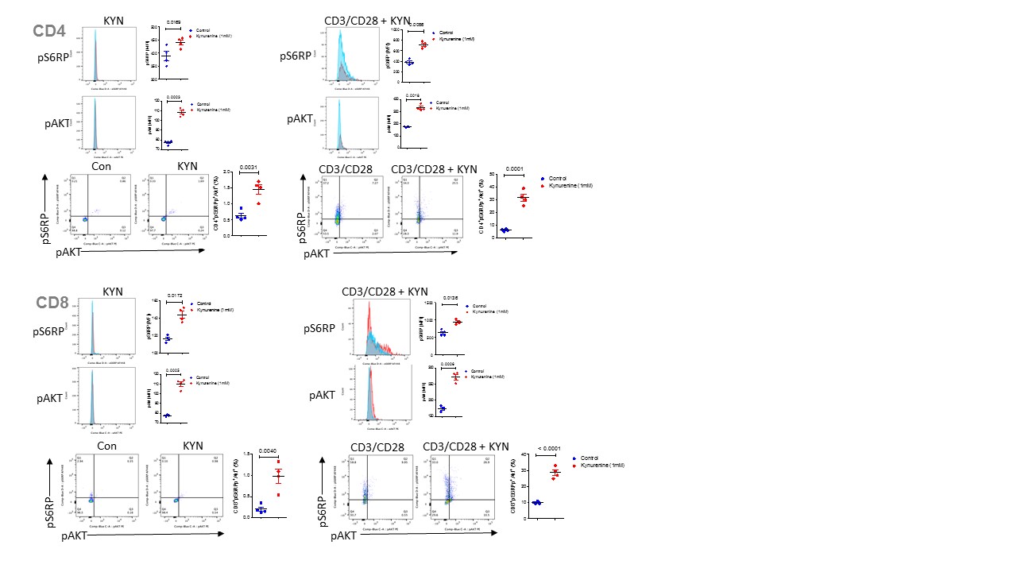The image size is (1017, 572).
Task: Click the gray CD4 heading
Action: pos(48,32)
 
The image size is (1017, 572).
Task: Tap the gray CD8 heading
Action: pos(52,303)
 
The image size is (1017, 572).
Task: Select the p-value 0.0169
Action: pos(173,23)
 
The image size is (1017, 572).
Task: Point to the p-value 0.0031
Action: pos(250,168)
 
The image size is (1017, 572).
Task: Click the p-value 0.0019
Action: pos(412,96)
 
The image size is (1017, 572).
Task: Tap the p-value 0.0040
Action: pos(267,451)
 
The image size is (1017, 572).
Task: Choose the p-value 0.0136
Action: pos(450,298)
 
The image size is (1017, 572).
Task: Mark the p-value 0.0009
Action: pos(447,364)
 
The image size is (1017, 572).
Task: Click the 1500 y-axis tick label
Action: pos(429,303)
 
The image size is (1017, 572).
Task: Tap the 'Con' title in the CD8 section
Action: pos(107,446)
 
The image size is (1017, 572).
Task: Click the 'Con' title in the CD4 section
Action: pos(101,167)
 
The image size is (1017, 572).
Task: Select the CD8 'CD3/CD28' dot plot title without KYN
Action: pos(377,448)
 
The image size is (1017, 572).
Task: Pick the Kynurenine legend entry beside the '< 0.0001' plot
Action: pos(602,465)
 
